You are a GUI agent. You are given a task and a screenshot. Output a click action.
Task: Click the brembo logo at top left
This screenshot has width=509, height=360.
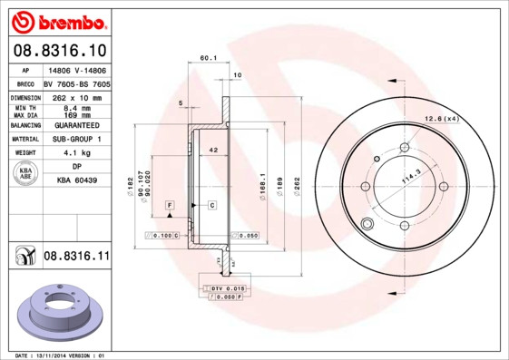[58, 20]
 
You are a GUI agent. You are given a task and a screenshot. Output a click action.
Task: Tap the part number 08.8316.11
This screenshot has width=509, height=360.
[76, 257]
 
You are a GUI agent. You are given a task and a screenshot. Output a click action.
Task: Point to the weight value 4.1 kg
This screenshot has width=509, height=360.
[77, 153]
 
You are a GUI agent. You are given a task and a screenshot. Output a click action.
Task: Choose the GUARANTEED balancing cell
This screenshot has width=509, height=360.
[77, 125]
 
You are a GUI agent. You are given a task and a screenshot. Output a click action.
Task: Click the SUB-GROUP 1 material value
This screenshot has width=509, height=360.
[77, 140]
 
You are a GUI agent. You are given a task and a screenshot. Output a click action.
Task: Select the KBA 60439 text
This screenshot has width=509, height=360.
[77, 181]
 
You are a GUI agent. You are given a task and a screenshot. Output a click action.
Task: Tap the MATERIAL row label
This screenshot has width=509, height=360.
[24, 140]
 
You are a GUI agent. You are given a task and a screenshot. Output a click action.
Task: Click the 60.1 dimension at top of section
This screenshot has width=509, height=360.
[208, 58]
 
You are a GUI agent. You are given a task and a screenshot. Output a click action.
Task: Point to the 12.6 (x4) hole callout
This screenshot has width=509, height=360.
[442, 119]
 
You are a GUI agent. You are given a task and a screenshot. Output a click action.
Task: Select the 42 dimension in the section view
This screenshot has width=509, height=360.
[213, 149]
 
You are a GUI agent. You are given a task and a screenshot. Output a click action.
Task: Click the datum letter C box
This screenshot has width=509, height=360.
[211, 206]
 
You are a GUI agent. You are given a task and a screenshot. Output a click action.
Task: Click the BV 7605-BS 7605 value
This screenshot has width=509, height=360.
[77, 83]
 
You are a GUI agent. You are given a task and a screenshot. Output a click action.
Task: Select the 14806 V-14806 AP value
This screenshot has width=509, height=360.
[77, 69]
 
